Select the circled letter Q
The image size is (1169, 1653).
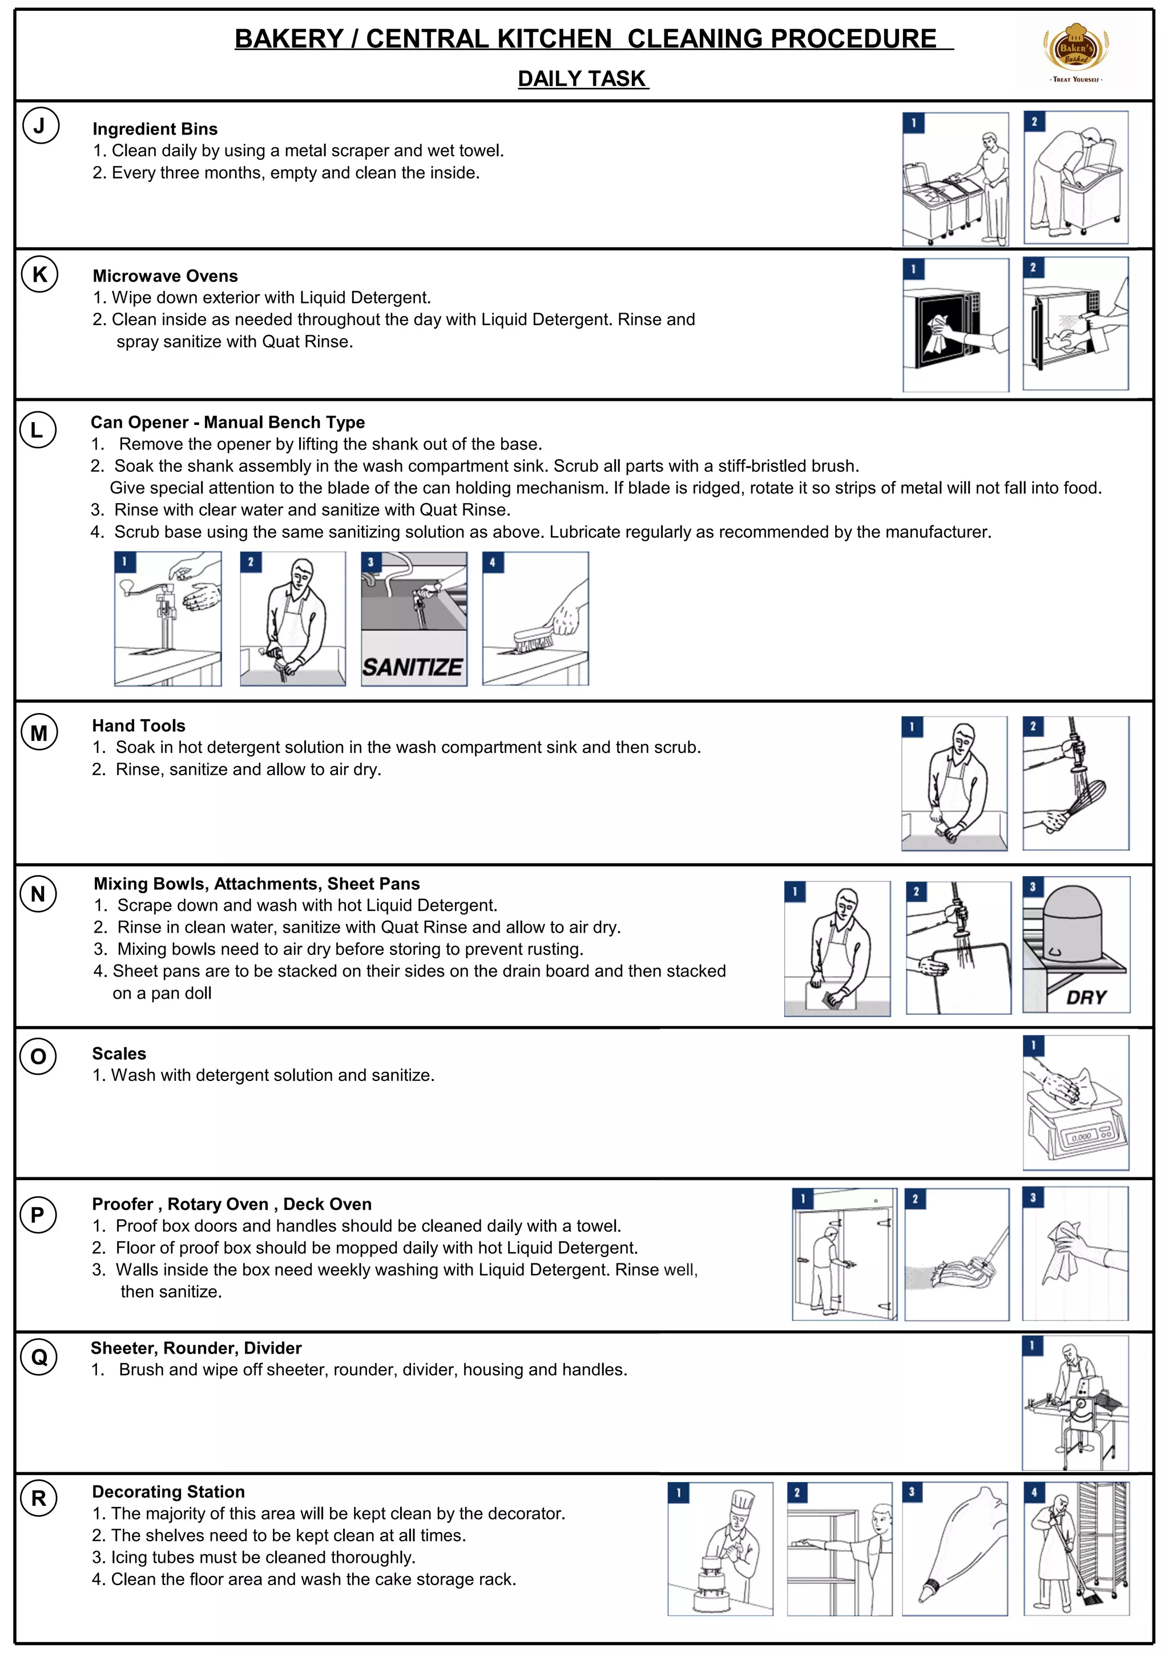pyautogui.click(x=39, y=1356)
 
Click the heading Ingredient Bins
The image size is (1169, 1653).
pyautogui.click(x=155, y=129)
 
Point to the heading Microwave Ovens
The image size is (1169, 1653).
pyautogui.click(x=165, y=275)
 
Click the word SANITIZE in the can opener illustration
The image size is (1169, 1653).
pyautogui.click(x=413, y=667)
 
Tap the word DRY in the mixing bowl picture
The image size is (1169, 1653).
pyautogui.click(x=1086, y=997)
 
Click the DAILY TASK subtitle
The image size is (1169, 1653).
pyautogui.click(x=583, y=79)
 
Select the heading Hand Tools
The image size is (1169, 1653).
pyautogui.click(x=138, y=726)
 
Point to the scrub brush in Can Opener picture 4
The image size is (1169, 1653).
pyautogui.click(x=533, y=639)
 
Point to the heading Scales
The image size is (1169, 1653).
pyautogui.click(x=119, y=1054)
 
